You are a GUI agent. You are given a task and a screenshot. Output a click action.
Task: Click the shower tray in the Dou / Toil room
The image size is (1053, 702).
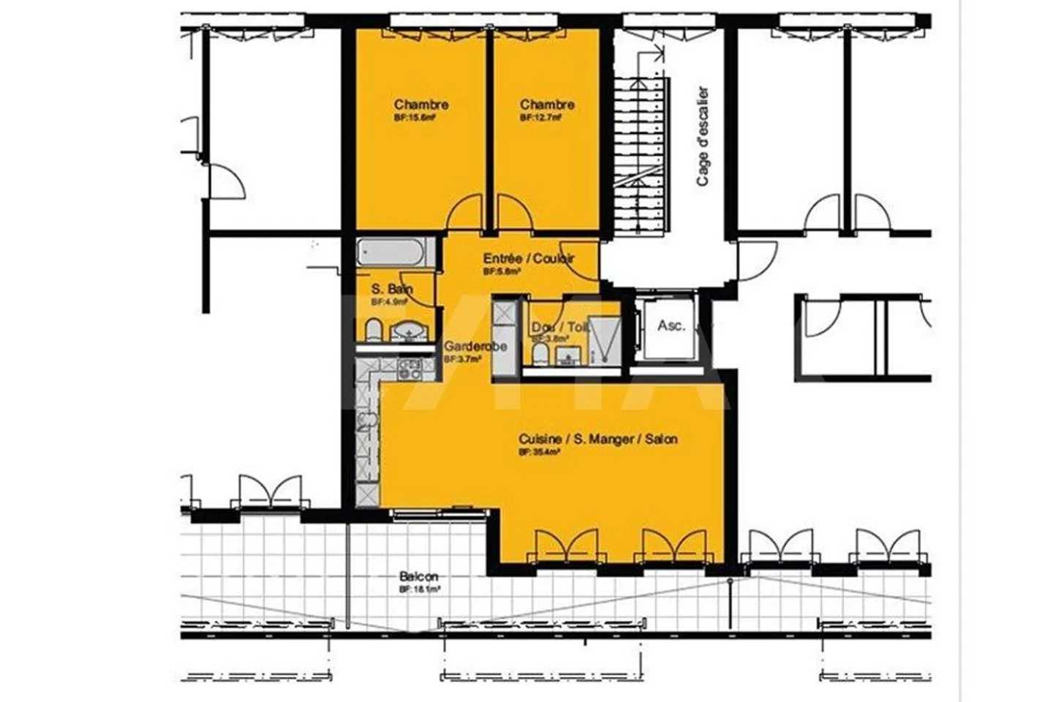[x=604, y=339]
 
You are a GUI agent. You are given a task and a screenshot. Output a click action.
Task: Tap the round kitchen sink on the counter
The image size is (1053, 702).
[x=368, y=420]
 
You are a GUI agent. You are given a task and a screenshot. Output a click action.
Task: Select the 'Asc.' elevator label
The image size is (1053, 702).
[x=671, y=325]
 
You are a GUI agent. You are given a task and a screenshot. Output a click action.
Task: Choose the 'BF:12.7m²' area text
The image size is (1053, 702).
[x=541, y=117]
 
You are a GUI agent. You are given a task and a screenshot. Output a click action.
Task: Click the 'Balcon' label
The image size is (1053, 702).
[x=419, y=577]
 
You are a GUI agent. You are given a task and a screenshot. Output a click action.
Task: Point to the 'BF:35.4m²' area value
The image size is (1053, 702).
[x=540, y=453]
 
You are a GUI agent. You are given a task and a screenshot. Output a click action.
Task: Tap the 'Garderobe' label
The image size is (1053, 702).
[x=475, y=347]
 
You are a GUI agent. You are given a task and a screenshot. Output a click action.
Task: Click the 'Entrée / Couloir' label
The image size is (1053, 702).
[x=528, y=258]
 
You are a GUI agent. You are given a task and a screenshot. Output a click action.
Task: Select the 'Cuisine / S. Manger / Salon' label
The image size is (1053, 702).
[x=597, y=439]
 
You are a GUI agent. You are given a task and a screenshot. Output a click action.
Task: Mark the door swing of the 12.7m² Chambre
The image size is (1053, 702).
[x=514, y=214]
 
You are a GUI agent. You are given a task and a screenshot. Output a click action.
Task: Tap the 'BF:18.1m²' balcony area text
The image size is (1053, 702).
[x=419, y=589]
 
